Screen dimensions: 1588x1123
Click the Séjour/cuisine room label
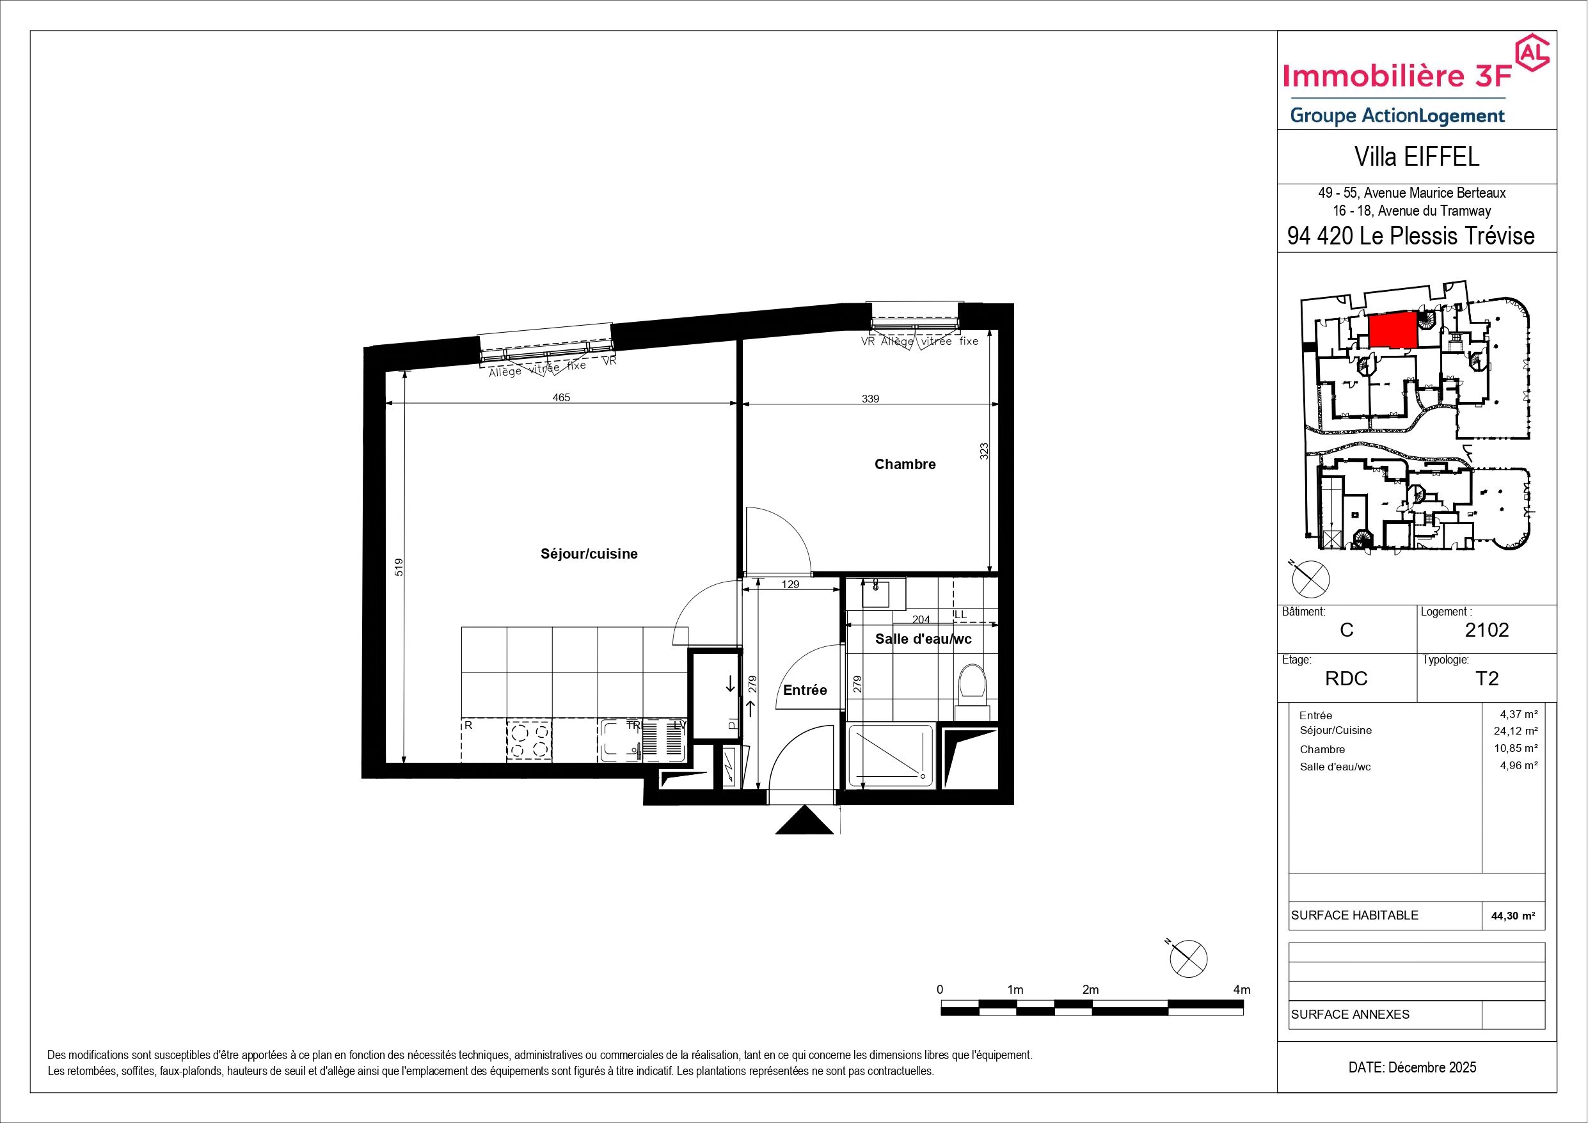(x=589, y=554)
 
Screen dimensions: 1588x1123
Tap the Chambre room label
(x=905, y=465)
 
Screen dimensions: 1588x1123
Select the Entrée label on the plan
(x=805, y=690)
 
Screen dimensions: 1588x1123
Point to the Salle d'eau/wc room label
(x=923, y=639)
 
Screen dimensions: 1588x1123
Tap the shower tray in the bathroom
(x=891, y=756)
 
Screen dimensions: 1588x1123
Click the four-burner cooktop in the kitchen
(x=530, y=740)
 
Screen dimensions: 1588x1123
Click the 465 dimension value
(x=561, y=398)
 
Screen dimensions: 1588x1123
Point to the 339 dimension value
(x=870, y=399)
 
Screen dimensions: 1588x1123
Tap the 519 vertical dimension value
(x=398, y=568)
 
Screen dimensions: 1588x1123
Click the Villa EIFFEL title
(x=1417, y=157)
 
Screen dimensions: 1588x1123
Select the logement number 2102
(x=1487, y=630)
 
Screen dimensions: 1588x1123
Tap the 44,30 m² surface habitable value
(x=1513, y=916)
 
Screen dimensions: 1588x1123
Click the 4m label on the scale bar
(x=1241, y=989)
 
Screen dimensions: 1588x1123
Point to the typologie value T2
(x=1487, y=679)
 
